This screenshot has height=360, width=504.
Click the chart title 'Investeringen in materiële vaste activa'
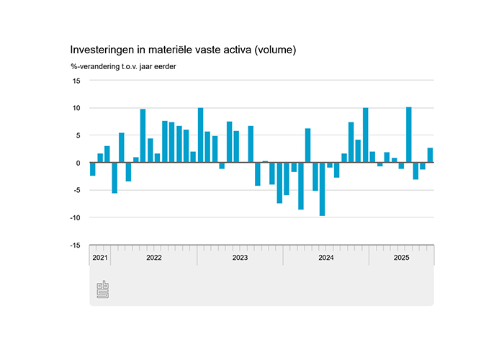click(x=183, y=50)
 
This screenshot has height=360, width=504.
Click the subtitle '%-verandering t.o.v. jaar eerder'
click(x=124, y=67)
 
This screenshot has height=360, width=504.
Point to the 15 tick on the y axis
click(x=76, y=81)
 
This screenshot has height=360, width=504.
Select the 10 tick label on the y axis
click(x=76, y=108)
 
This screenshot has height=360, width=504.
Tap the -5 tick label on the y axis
click(x=75, y=190)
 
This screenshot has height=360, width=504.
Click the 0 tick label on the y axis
click(x=78, y=163)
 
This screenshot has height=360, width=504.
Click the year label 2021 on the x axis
click(x=100, y=257)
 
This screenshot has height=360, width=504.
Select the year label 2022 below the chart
click(x=153, y=257)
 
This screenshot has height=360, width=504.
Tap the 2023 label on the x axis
click(x=240, y=257)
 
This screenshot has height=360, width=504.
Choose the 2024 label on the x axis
click(x=326, y=257)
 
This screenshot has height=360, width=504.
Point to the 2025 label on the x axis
click(x=401, y=257)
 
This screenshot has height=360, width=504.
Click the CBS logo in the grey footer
click(x=102, y=289)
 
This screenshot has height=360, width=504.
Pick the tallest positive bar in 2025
click(x=409, y=135)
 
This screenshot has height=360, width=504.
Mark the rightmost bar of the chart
click(x=431, y=156)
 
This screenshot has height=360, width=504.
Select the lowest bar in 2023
click(x=279, y=183)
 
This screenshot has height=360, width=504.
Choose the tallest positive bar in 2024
click(x=366, y=135)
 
